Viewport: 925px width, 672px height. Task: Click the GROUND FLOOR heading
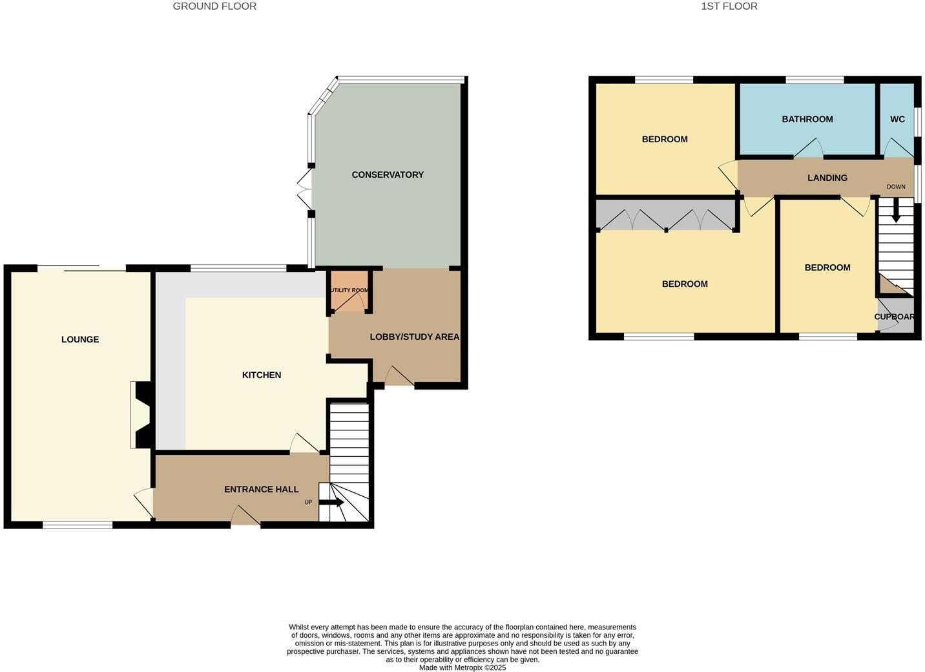click(x=214, y=6)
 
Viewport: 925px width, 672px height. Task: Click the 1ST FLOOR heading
click(x=729, y=6)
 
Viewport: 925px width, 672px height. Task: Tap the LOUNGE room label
click(x=80, y=339)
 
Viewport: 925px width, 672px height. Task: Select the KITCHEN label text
click(x=262, y=375)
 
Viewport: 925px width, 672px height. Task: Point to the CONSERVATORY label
click(x=388, y=174)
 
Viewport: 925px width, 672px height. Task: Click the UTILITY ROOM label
click(x=349, y=290)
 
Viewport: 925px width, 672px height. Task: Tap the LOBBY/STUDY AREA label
click(x=415, y=337)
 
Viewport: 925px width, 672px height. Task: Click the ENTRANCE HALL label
click(x=261, y=489)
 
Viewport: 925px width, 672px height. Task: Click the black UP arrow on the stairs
click(x=332, y=502)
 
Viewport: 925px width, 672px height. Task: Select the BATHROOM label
click(x=807, y=119)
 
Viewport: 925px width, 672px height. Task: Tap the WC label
click(x=897, y=119)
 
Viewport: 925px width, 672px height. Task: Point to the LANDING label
click(x=827, y=178)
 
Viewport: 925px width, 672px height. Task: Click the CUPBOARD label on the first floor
click(x=895, y=317)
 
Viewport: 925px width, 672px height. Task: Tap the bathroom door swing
click(x=808, y=149)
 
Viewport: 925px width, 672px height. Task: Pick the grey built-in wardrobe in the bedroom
click(x=665, y=216)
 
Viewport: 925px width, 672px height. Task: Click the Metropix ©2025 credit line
click(x=462, y=667)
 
